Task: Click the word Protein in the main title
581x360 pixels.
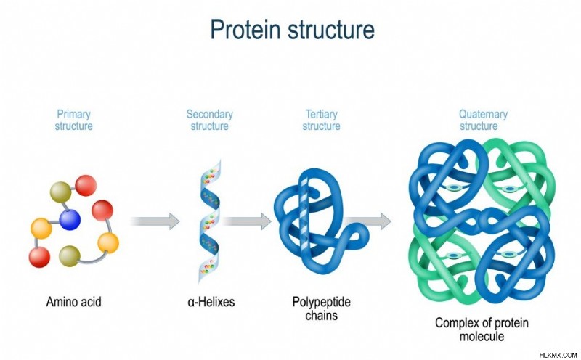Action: [245, 29]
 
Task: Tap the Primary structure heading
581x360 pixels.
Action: [74, 120]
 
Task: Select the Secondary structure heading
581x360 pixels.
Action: [210, 120]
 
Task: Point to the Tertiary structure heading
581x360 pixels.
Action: [321, 120]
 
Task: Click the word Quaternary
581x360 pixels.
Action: [483, 114]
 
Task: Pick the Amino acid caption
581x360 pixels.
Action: [74, 301]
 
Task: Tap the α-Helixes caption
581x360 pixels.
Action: [211, 301]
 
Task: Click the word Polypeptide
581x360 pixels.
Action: [321, 302]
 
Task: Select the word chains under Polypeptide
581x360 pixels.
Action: [321, 315]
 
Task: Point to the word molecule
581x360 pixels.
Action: [482, 336]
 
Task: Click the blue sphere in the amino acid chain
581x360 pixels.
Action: [70, 219]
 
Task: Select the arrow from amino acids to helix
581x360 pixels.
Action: [155, 221]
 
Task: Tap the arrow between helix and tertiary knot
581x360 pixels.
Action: [247, 221]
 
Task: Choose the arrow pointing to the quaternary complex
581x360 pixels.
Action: [367, 221]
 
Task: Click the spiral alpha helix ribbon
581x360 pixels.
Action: [210, 222]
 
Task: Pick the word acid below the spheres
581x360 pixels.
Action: [88, 301]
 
